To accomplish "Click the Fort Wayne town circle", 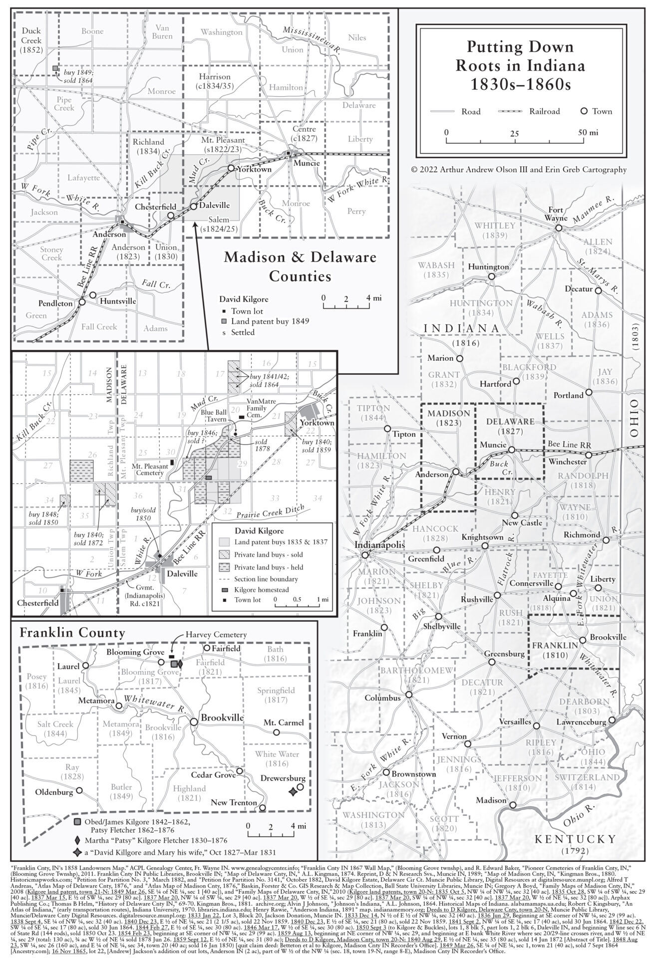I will point(559,228).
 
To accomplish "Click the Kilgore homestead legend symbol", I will point(223,589).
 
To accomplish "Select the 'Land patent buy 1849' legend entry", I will point(270,321).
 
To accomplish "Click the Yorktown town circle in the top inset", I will point(231,168).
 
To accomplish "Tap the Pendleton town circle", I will point(82,302).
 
